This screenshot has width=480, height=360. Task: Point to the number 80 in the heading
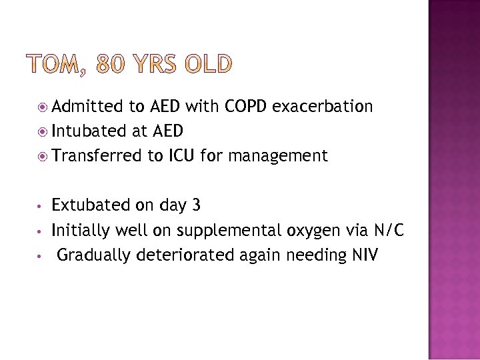coord(111,65)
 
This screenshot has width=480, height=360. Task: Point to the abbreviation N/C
coord(389,231)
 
